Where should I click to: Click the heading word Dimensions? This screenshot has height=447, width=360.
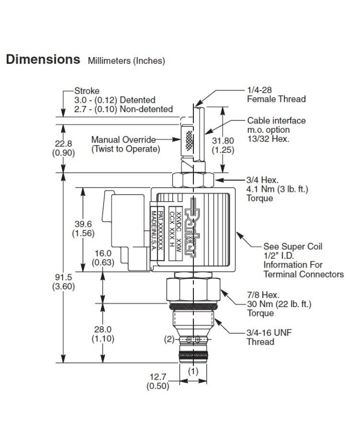[x=43, y=59]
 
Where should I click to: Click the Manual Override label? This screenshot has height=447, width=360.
[x=123, y=139]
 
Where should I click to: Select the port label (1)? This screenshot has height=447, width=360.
[x=192, y=370]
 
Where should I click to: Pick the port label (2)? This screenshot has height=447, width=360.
[x=169, y=339]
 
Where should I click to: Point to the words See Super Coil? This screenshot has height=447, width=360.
[x=293, y=246]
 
